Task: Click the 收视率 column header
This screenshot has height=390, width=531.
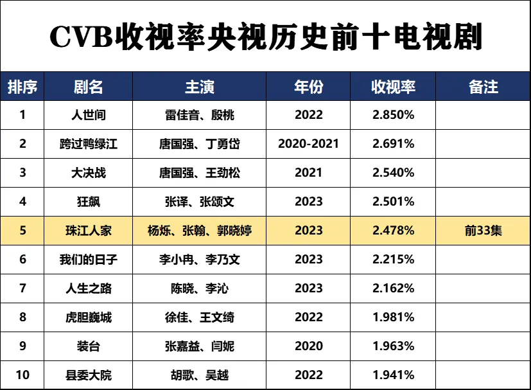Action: pyautogui.click(x=393, y=87)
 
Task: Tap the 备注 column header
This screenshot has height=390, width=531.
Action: pyautogui.click(x=483, y=87)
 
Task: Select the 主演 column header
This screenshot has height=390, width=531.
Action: pyautogui.click(x=199, y=87)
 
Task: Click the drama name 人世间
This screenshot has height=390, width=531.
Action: pyautogui.click(x=89, y=116)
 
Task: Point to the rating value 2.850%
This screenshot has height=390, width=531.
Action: pyautogui.click(x=393, y=116)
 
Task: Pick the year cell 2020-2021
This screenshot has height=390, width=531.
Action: pyautogui.click(x=308, y=144)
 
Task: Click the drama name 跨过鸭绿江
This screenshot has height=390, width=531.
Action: pyautogui.click(x=89, y=144)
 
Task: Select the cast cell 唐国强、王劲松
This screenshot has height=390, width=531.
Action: pyautogui.click(x=199, y=173)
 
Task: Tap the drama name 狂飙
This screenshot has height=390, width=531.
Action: pyautogui.click(x=89, y=202)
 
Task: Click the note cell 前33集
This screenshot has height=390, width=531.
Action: pyautogui.click(x=483, y=231)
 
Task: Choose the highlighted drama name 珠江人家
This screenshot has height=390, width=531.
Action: pyautogui.click(x=89, y=231)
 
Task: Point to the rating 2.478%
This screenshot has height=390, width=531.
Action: pyautogui.click(x=393, y=231)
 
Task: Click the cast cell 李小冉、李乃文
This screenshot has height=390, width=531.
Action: pyautogui.click(x=199, y=260)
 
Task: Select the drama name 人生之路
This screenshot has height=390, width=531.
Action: pyautogui.click(x=89, y=288)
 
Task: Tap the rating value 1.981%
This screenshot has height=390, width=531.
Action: pyautogui.click(x=393, y=317)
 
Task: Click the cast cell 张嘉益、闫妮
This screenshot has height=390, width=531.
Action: pyautogui.click(x=199, y=346)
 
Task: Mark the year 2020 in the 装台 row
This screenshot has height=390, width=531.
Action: pyautogui.click(x=308, y=346)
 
